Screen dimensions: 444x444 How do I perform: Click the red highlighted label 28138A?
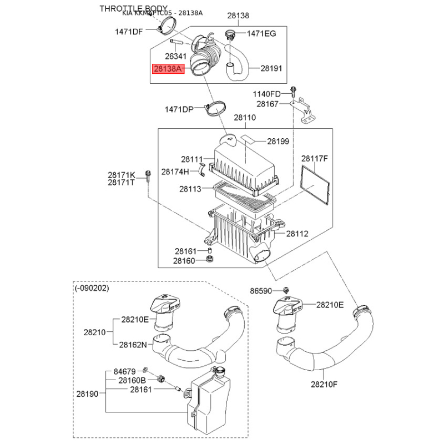(168, 70)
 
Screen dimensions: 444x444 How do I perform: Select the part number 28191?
(272, 69)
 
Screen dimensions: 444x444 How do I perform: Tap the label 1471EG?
(261, 34)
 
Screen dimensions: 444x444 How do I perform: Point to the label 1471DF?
(129, 32)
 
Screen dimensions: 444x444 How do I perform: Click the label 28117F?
(315, 159)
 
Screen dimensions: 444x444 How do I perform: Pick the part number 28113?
(190, 189)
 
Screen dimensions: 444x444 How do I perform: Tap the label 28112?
(297, 234)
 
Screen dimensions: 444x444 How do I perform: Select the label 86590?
(261, 290)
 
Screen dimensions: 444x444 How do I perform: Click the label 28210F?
(325, 384)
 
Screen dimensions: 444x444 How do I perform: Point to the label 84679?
(125, 370)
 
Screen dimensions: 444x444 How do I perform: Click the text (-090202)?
(92, 289)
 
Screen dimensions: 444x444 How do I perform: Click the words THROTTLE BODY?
(133, 8)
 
